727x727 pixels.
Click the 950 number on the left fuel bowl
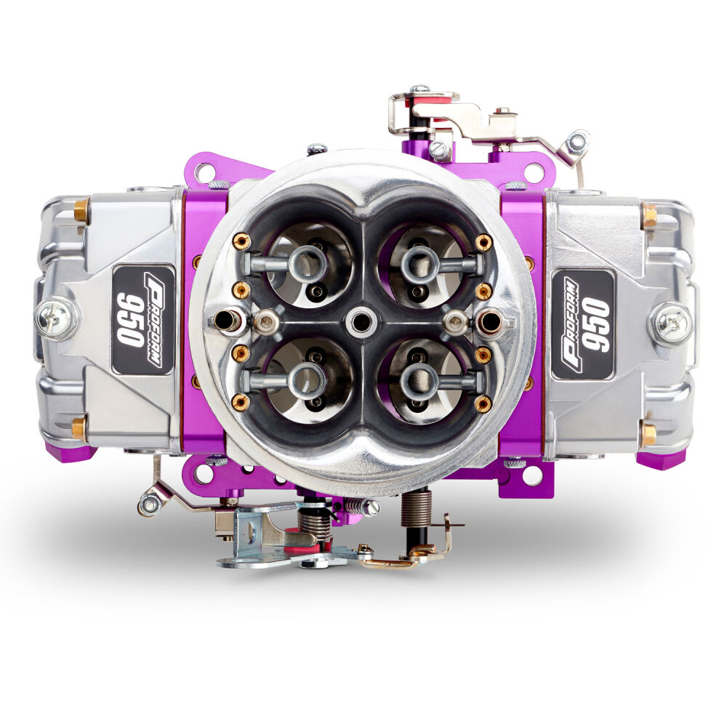[129, 320]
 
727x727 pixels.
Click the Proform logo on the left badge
[153, 320]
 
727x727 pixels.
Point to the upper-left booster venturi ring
[308, 263]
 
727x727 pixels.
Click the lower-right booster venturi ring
[420, 381]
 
